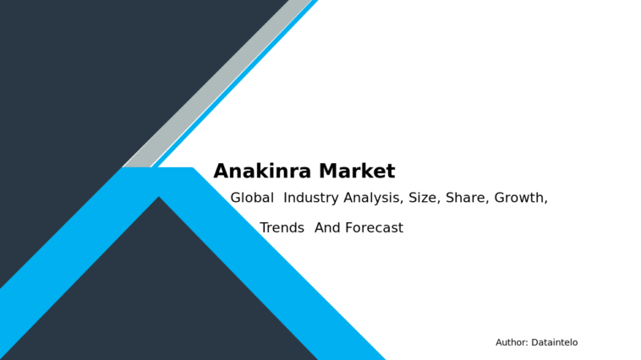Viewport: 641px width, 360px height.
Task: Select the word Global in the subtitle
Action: (252, 198)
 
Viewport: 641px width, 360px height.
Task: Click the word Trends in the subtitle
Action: (282, 227)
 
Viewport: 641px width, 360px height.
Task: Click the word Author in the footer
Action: (511, 342)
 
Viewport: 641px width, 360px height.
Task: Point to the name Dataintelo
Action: (555, 342)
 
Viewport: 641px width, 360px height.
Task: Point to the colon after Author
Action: (528, 343)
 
